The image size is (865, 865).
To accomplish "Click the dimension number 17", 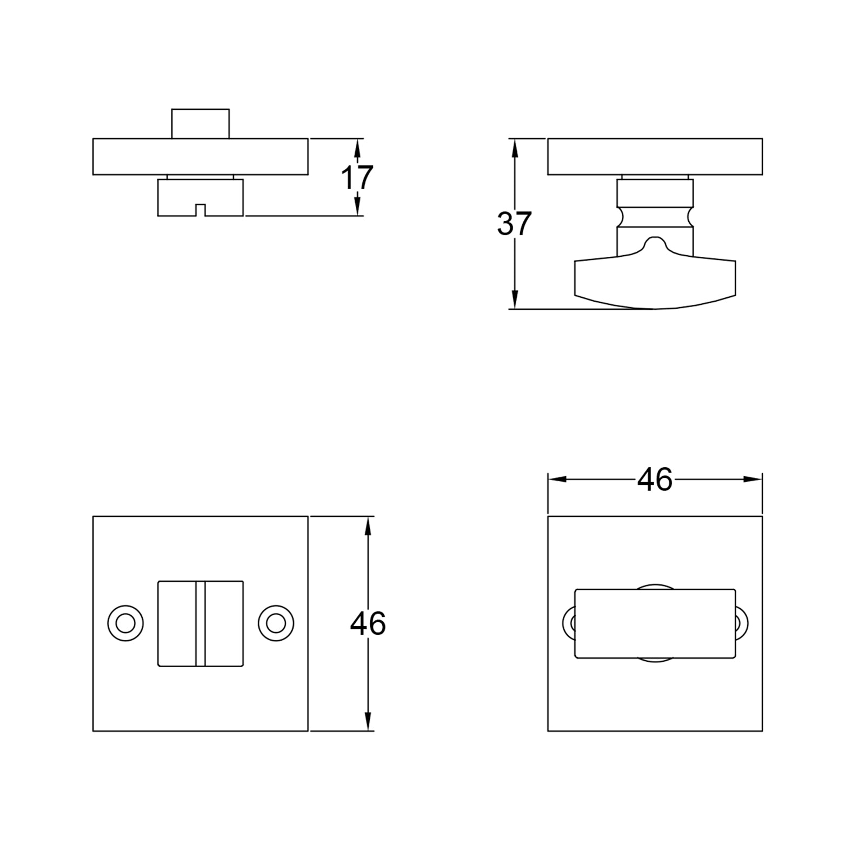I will pos(357,177).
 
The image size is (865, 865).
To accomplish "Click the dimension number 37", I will pos(514,224).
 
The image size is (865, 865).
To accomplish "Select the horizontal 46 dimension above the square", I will pos(654,479).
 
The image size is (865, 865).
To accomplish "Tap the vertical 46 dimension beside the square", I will pos(368,623).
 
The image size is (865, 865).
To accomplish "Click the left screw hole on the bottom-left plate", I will pos(125,623).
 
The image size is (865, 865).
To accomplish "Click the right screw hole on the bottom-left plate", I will pos(276,623).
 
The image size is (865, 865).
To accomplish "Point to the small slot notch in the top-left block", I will pos(201,210).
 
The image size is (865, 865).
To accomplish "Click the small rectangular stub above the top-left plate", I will pos(201,124).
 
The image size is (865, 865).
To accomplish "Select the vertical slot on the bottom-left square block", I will pos(201,623).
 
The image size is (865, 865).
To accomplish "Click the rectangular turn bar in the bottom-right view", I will pos(655,623).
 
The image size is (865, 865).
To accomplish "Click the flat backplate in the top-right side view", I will pos(655,157).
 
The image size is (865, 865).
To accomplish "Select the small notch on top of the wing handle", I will pos(655,243).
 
